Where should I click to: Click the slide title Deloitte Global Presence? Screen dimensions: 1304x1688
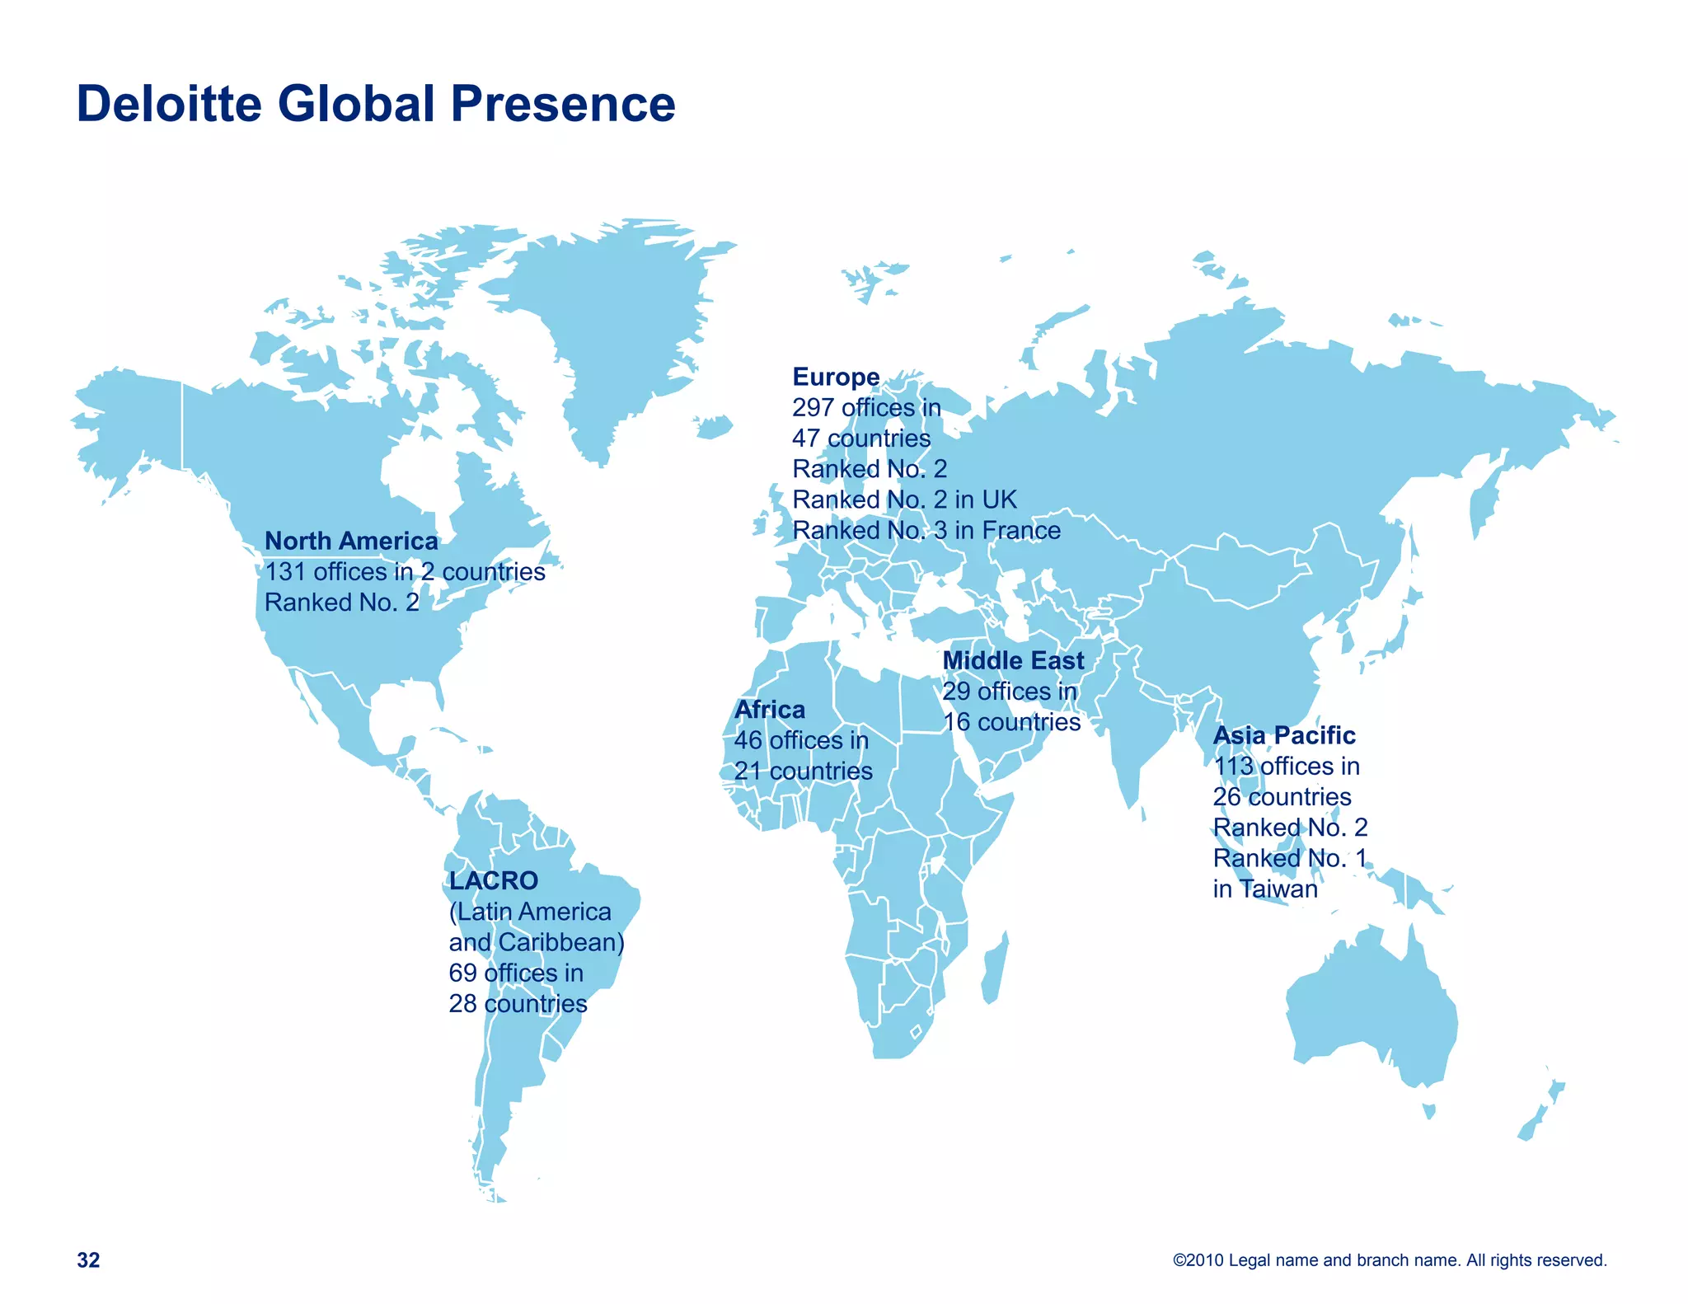376,104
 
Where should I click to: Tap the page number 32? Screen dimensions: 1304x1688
88,1259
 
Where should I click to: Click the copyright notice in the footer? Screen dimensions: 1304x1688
1390,1259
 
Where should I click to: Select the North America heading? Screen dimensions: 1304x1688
351,541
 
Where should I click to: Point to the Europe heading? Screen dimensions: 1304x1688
836,377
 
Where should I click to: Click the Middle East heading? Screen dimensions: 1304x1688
1013,660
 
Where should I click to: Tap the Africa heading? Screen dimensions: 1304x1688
769,709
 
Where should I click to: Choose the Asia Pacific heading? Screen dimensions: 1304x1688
1283,734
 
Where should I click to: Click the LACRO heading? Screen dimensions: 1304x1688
493,880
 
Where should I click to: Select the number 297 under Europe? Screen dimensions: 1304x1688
813,407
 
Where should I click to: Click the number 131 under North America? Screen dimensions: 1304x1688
285,571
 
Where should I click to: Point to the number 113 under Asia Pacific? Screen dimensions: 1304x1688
1233,766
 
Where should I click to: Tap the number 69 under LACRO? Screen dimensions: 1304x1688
462,973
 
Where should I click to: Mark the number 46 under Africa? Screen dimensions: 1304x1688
748,740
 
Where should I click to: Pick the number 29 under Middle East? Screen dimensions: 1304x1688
956,691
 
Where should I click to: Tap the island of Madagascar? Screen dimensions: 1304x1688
994,969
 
